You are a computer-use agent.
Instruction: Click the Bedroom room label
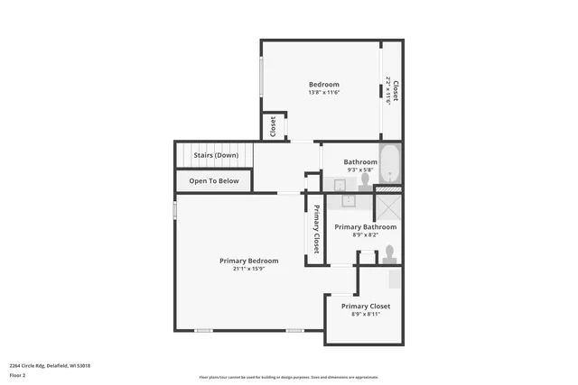(x=323, y=85)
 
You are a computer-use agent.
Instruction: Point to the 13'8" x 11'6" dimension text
(x=323, y=93)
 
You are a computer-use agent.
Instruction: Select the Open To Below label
(x=214, y=181)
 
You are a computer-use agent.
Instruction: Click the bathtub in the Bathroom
(x=390, y=164)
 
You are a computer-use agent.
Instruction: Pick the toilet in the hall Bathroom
(x=365, y=179)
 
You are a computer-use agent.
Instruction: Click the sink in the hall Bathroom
(x=340, y=185)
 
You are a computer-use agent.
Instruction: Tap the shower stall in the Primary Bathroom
(x=390, y=208)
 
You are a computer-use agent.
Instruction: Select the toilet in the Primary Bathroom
(x=389, y=252)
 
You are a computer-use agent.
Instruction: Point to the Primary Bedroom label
(x=247, y=261)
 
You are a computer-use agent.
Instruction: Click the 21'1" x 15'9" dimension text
(x=247, y=269)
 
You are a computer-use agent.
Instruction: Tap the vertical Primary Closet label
(x=316, y=229)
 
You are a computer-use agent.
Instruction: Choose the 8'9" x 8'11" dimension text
(x=366, y=315)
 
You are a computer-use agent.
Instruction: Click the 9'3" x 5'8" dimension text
(x=359, y=170)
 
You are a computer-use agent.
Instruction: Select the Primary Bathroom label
(x=366, y=226)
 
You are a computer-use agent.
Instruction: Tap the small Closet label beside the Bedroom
(x=274, y=127)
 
